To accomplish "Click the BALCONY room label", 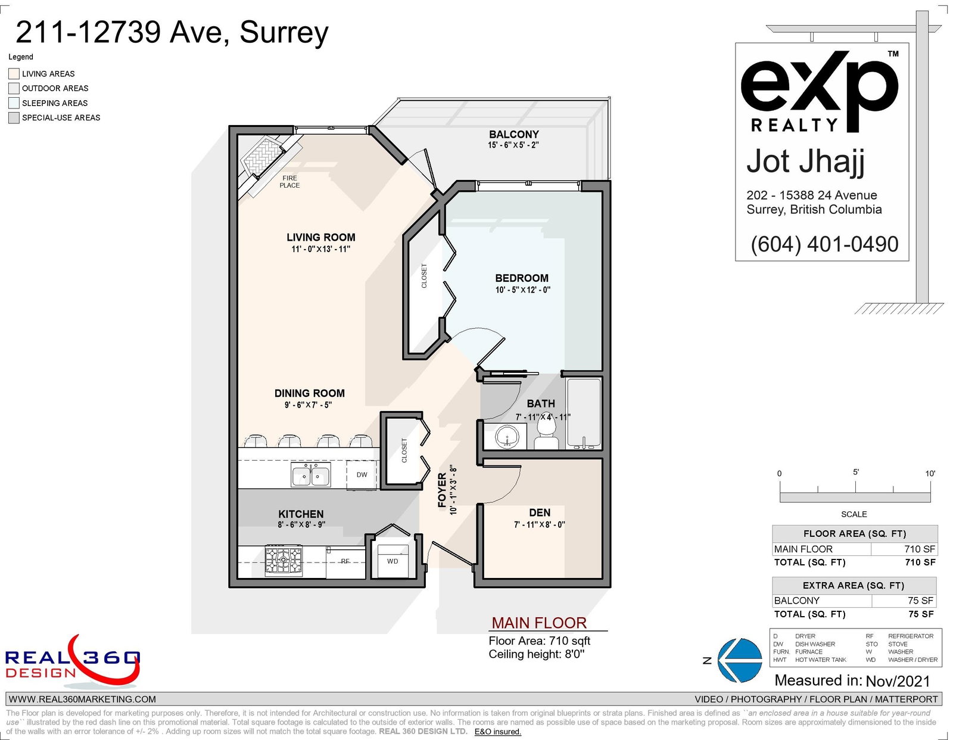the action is tap(513, 134).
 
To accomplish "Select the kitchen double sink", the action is tap(311, 475).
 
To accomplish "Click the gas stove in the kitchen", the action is tap(284, 561).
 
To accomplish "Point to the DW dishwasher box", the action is tap(362, 475).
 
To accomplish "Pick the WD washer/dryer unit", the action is tap(393, 561).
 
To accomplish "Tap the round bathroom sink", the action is tap(507, 437).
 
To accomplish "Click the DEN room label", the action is tap(540, 512).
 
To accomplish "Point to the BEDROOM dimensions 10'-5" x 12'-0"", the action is tap(522, 290).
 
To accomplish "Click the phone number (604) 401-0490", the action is tap(824, 244).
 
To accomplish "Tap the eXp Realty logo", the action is tap(819, 92).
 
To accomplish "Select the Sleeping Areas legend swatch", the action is tap(14, 103).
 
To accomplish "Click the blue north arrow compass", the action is tap(740, 660).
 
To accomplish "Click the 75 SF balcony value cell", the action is tap(904, 601).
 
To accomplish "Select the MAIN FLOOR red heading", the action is tap(539, 623).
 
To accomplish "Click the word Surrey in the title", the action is tap(284, 33).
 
